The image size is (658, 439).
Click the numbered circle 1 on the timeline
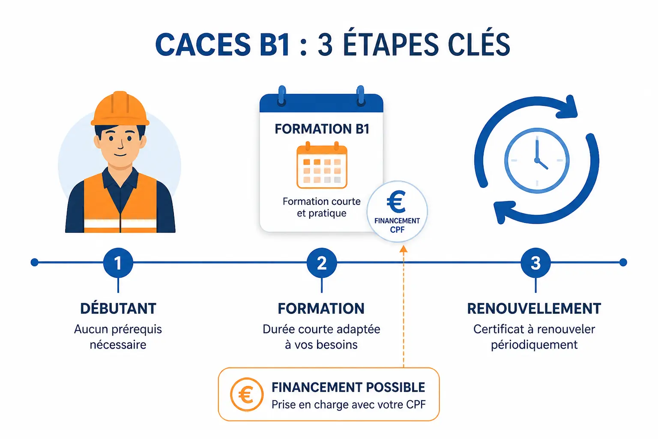[x=118, y=262]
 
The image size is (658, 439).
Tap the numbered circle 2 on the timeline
[x=322, y=262]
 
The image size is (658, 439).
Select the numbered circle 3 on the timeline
[x=535, y=262]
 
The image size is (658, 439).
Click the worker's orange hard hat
[x=120, y=109]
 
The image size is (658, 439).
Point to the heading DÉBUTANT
[x=118, y=308]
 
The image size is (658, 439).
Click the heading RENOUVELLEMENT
[x=534, y=308]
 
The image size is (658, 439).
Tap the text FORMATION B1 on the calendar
[x=322, y=129]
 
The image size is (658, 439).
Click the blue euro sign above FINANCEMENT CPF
[x=397, y=201]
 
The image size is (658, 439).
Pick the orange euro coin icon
[x=246, y=394]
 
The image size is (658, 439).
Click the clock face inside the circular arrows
[x=537, y=160]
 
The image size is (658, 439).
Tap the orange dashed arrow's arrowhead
[x=403, y=249]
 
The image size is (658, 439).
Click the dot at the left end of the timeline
[x=35, y=262]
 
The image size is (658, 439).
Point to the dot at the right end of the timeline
[x=623, y=262]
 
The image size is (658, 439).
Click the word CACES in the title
[x=203, y=45]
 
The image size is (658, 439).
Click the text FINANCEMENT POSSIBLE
[x=348, y=387]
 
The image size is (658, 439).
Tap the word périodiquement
[x=534, y=345]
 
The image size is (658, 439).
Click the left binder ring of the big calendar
[x=282, y=96]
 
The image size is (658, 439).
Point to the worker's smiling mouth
[x=120, y=155]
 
